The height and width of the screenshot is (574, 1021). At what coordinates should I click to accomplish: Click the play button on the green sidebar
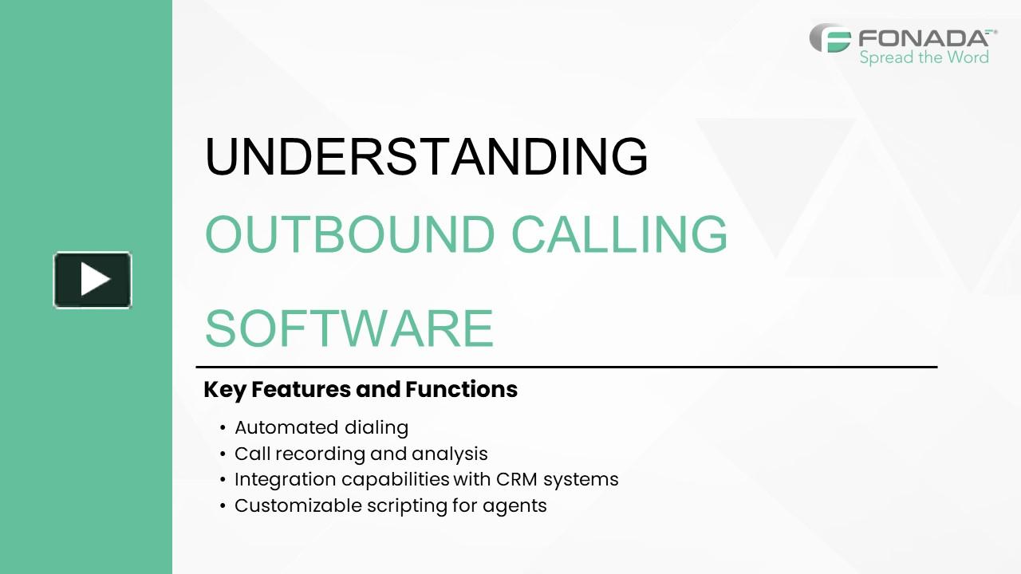[x=93, y=280]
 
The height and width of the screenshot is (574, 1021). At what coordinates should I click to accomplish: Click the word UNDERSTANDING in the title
[x=426, y=156]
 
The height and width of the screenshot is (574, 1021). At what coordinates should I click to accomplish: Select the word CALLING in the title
[x=619, y=234]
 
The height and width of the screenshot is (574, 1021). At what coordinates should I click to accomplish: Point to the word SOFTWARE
[x=349, y=328]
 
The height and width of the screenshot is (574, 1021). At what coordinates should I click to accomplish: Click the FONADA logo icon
[x=830, y=38]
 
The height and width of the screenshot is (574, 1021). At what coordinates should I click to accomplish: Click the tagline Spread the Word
[x=924, y=57]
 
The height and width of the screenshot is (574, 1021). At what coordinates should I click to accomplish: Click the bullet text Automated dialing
[x=321, y=428]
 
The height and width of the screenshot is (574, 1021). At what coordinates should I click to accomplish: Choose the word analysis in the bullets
[x=449, y=454]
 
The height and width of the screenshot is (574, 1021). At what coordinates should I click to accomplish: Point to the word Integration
[x=285, y=480]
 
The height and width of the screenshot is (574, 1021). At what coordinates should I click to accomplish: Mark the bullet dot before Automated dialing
[x=223, y=429]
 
